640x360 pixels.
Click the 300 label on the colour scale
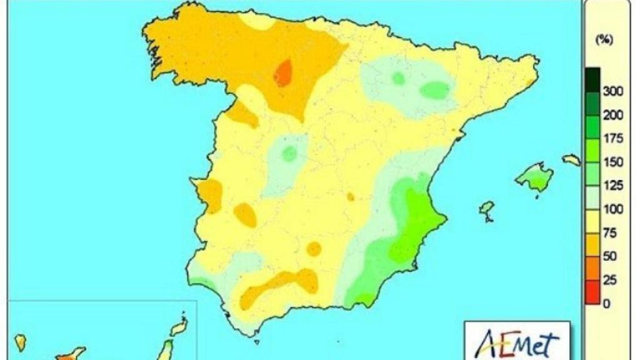pyautogui.click(x=613, y=91)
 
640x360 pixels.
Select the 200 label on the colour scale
pyautogui.click(x=613, y=115)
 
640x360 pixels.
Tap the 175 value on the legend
pyautogui.click(x=613, y=139)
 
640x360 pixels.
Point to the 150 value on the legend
pyautogui.click(x=613, y=162)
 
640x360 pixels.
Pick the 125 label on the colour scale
pyautogui.click(x=613, y=186)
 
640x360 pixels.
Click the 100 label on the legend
pyautogui.click(x=613, y=209)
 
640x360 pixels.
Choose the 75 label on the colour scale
pyautogui.click(x=611, y=233)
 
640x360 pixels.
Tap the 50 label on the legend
pyautogui.click(x=611, y=256)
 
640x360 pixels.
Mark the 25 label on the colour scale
pyautogui.click(x=611, y=280)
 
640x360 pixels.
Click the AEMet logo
pyautogui.click(x=517, y=342)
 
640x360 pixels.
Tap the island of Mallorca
pyautogui.click(x=534, y=177)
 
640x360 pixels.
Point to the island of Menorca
pyautogui.click(x=571, y=160)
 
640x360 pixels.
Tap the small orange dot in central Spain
pyautogui.click(x=351, y=197)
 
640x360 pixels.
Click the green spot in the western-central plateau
pyautogui.click(x=289, y=153)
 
